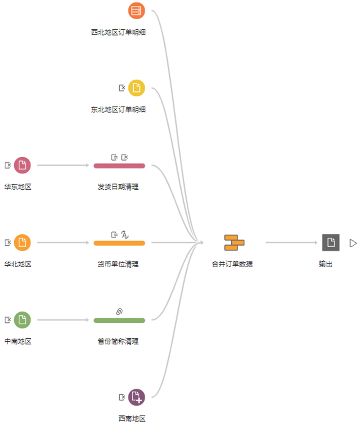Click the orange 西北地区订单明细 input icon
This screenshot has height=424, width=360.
(137, 10)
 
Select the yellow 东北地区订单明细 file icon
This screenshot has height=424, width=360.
(137, 88)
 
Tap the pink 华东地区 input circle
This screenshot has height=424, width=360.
(22, 166)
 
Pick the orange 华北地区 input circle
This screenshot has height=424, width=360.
(22, 242)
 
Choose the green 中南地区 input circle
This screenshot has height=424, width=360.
(22, 320)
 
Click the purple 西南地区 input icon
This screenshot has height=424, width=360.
(137, 397)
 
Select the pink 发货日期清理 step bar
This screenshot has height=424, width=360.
(119, 166)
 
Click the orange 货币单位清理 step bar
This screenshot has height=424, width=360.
(119, 243)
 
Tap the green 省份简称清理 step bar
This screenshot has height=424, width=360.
(119, 320)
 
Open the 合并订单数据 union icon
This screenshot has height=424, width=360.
(234, 242)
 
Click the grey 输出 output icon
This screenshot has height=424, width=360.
(330, 242)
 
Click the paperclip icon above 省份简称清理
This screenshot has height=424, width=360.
(119, 311)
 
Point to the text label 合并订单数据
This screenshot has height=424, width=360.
(232, 264)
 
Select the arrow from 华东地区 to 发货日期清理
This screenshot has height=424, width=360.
(63, 166)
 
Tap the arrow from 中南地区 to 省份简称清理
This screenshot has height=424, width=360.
(63, 320)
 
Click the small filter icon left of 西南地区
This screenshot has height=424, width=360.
(122, 397)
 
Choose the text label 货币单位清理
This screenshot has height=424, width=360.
(118, 264)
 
